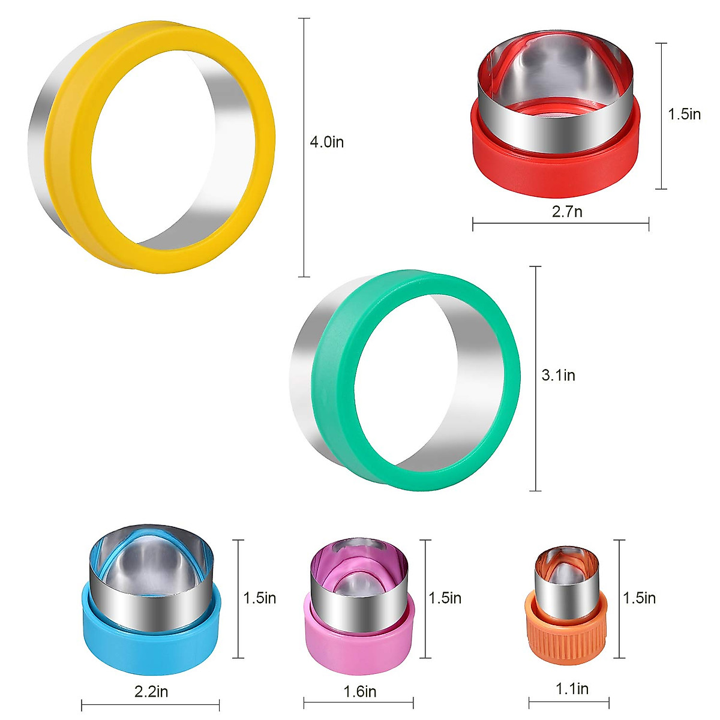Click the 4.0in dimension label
tap(326, 143)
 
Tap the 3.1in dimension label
tap(558, 376)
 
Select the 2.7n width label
tap(567, 211)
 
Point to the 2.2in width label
tap(151, 692)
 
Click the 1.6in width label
tap(360, 692)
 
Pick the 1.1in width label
tap(572, 689)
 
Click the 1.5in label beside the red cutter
tap(685, 115)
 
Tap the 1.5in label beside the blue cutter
tap(259, 598)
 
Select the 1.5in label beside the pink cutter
tap(445, 598)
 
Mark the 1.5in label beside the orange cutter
tap(639, 598)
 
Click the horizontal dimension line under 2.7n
tap(560, 225)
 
